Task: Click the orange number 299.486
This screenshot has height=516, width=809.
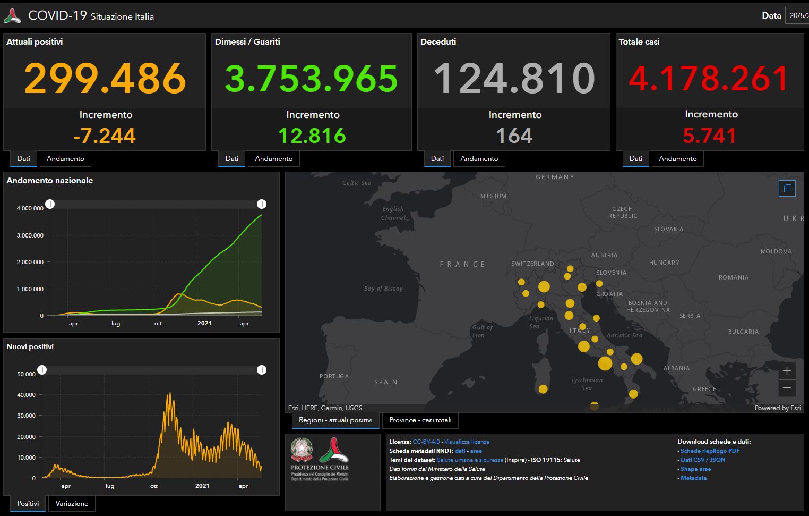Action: point(105,78)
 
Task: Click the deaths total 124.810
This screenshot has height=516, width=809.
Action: point(514,78)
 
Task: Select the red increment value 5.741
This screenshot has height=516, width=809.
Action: point(710,136)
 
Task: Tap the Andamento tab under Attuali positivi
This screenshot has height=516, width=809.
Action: point(65,158)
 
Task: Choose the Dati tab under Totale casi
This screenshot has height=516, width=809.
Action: point(635,158)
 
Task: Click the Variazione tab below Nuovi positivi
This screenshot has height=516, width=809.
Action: point(72,503)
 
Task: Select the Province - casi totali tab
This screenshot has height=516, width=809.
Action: point(420,420)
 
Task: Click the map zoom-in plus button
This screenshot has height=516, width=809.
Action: point(787,370)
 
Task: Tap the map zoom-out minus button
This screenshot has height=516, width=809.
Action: point(787,388)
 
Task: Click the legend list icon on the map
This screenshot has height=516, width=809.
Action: point(787,188)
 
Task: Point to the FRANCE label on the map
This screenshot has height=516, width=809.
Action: point(462,264)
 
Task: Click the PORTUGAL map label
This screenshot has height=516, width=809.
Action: point(335,376)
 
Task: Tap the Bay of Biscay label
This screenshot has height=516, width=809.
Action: point(383,289)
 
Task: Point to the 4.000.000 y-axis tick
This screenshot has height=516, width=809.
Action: point(30,208)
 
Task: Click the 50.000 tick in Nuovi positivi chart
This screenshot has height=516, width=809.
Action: point(27,374)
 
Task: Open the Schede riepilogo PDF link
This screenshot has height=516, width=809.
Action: point(710,451)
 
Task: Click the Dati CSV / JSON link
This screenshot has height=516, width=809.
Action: point(703,460)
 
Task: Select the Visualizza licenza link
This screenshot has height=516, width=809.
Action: point(467,442)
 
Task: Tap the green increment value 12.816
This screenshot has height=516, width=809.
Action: point(312,136)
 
